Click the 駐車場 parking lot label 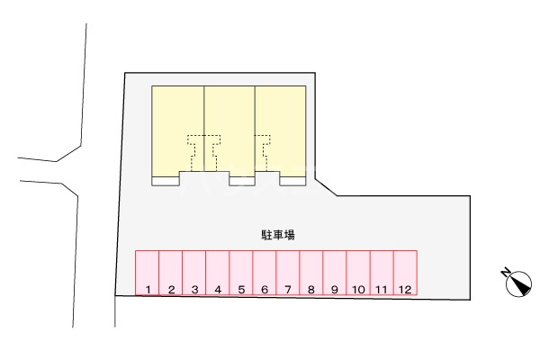point(278,234)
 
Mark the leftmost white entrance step point(166,181)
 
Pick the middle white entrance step point(241,181)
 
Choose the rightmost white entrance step point(292,181)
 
